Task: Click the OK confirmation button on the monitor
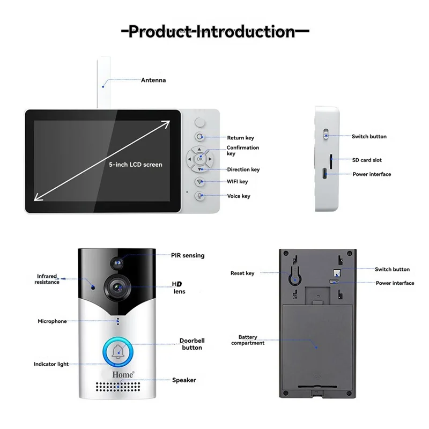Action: tap(199, 159)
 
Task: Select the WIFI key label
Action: tap(237, 182)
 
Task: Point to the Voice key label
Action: tap(238, 196)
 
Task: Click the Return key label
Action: tap(240, 138)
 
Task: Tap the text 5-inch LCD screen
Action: tap(135, 165)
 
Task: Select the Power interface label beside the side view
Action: tap(372, 174)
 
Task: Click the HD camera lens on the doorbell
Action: tap(119, 287)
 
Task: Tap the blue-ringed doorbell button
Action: tap(118, 352)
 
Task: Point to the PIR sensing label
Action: tap(188, 256)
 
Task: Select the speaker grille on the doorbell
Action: tap(118, 388)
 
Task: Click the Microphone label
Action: tap(52, 321)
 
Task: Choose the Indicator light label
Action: tap(51, 364)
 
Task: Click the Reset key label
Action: tap(242, 273)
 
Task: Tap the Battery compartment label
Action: tap(248, 340)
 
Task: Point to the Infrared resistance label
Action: tap(48, 279)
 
